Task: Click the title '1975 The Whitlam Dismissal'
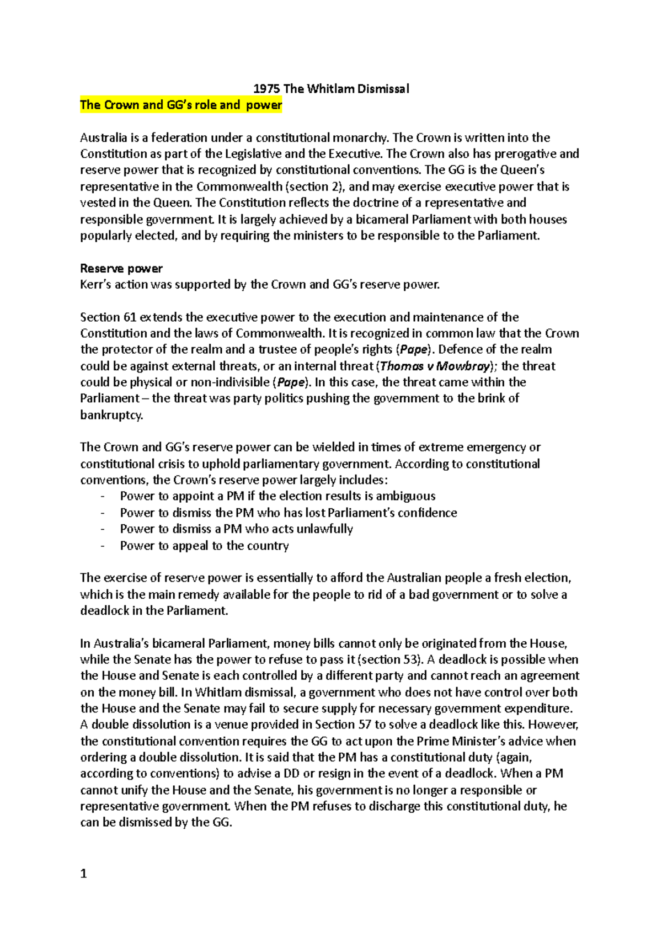tap(331, 89)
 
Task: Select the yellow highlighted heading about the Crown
tap(181, 105)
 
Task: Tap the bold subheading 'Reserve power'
tap(121, 269)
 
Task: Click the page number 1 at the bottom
tap(84, 874)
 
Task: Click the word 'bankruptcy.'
tap(111, 415)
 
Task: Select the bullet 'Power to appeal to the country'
tap(204, 546)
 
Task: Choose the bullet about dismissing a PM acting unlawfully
tap(236, 529)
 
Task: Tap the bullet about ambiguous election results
tap(277, 496)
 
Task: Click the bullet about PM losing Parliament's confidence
tap(288, 513)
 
